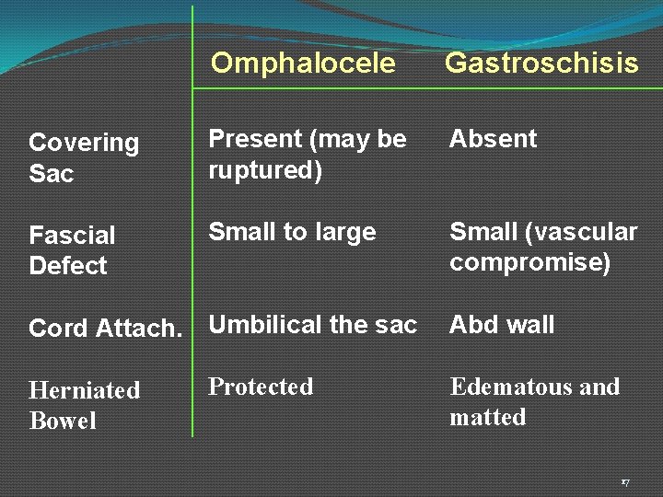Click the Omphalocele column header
click(x=303, y=63)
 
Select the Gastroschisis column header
click(x=541, y=63)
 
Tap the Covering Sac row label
click(x=84, y=157)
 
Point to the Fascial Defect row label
click(x=72, y=250)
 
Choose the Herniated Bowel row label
click(x=84, y=405)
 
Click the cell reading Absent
click(x=493, y=139)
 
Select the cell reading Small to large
click(x=292, y=232)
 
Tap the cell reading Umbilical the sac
click(x=312, y=325)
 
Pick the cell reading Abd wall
click(x=502, y=325)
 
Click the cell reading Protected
click(x=261, y=387)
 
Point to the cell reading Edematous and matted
click(x=534, y=401)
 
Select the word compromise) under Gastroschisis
click(x=529, y=263)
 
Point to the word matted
click(x=488, y=417)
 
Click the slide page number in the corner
click(x=624, y=482)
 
